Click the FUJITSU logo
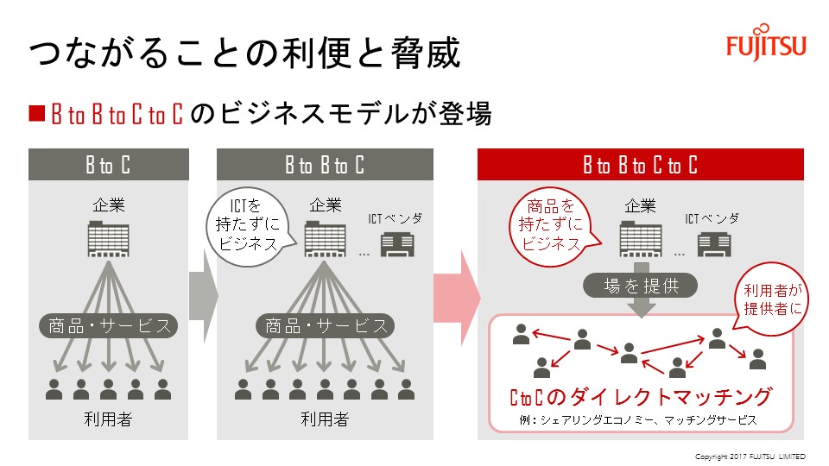point(765,46)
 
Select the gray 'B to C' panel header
point(108,165)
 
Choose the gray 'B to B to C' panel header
point(325,165)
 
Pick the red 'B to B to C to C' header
point(640,165)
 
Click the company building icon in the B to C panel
point(108,239)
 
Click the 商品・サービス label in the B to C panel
point(108,326)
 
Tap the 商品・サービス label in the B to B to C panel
point(325,326)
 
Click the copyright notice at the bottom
point(750,456)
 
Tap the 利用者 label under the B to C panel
point(108,420)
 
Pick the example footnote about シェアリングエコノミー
point(640,420)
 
